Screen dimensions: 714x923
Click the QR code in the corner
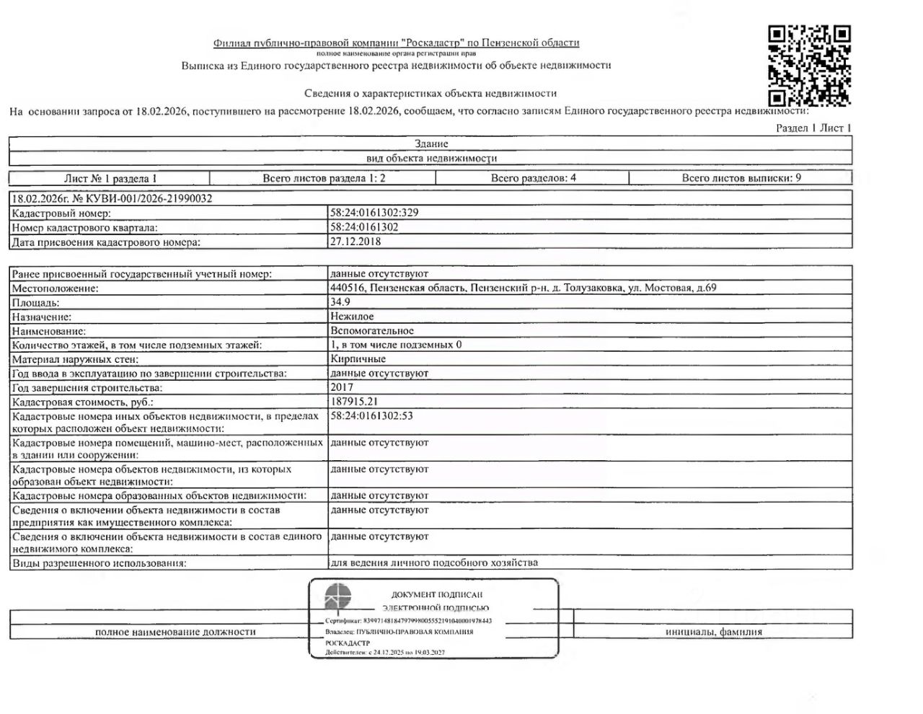point(809,66)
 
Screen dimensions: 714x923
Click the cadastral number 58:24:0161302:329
point(374,213)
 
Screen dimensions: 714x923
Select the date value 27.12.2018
point(355,242)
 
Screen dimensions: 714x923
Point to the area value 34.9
point(340,302)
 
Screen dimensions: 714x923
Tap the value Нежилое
point(352,316)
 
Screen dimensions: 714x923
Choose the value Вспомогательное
point(372,330)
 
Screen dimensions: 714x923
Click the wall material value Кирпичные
point(358,358)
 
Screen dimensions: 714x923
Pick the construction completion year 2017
point(342,387)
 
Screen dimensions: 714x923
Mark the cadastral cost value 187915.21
point(354,401)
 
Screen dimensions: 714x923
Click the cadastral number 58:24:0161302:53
point(371,415)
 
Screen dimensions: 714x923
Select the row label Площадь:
point(36,303)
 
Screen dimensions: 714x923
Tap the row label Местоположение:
point(56,288)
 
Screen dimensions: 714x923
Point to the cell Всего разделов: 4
point(534,177)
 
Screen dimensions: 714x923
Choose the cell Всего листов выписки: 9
point(741,177)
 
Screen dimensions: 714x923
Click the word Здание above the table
point(431,144)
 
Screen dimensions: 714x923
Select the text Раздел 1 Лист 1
point(813,128)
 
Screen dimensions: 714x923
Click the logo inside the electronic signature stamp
point(337,598)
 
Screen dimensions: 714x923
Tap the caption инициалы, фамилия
point(713,632)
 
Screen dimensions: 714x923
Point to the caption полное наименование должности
point(175,632)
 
